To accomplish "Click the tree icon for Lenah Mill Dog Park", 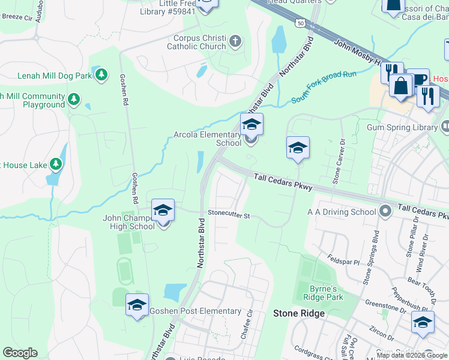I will (x=102, y=74).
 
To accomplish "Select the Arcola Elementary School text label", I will (x=208, y=139).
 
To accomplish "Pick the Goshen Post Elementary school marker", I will (x=136, y=304).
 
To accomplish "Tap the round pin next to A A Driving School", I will (x=385, y=211).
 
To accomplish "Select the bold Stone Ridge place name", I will (x=299, y=313).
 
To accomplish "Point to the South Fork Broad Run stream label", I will (x=324, y=86).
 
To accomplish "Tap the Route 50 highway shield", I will (x=299, y=23).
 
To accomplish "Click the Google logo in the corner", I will (x=20, y=353).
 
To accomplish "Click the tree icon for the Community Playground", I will (x=74, y=98).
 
